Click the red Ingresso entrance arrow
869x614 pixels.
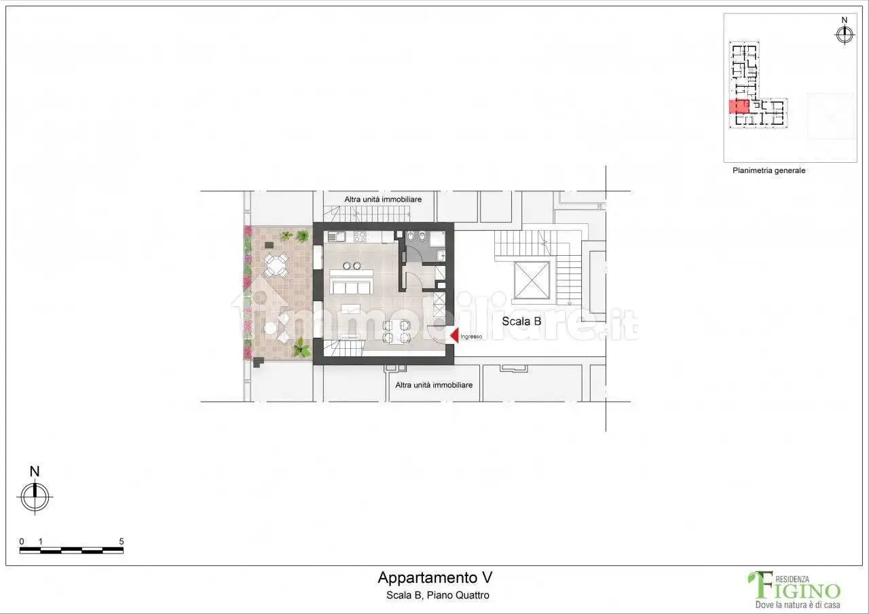coord(454,336)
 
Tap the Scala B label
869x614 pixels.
coord(521,322)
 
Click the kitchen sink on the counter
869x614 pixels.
coord(337,237)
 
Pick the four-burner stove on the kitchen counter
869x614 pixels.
coord(360,237)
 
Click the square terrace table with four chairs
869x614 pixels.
coord(276,265)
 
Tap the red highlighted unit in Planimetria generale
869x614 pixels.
coord(738,107)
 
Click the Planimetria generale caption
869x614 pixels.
coord(769,171)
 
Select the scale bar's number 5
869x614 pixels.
coord(121,541)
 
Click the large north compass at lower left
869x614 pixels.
coord(35,495)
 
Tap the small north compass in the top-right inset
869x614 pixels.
coord(845,34)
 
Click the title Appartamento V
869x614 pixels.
coord(434,578)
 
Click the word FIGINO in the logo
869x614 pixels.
coord(801,590)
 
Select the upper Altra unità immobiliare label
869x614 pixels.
coord(383,199)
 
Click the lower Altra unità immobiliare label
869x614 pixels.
coord(434,385)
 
